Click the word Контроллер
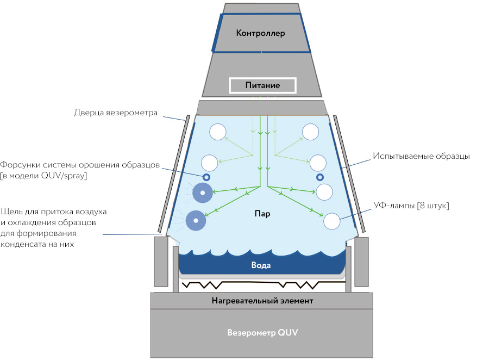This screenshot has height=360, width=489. click(x=261, y=33)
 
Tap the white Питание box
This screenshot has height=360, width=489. click(x=262, y=85)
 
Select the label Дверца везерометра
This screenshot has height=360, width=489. click(x=115, y=113)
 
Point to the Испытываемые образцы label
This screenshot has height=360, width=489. click(x=421, y=156)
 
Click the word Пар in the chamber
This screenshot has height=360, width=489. click(x=262, y=214)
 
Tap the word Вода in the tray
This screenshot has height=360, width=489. click(x=261, y=265)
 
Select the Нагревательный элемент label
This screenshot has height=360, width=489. click(x=262, y=300)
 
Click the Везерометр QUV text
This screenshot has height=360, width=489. click(x=262, y=332)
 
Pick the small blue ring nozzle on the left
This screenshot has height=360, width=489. click(x=206, y=177)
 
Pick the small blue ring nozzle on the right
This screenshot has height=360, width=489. click(x=320, y=177)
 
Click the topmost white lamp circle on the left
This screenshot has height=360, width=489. click(x=217, y=132)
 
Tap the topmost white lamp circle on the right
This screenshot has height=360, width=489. click(x=311, y=132)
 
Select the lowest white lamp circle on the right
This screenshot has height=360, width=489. click(x=331, y=221)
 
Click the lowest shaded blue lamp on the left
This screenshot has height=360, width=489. click(x=196, y=220)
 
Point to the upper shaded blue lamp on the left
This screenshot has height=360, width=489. click(x=203, y=193)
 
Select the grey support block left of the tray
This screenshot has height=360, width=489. click(x=161, y=261)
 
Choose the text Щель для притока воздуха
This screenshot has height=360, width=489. click(x=54, y=211)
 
